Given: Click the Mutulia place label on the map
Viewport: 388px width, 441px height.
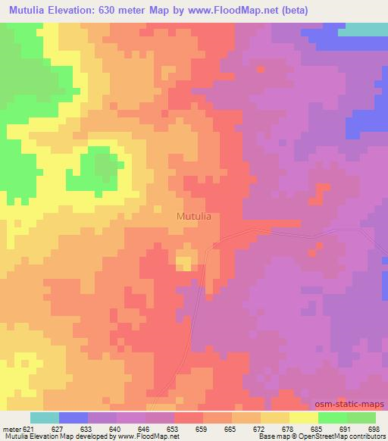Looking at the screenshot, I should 193,216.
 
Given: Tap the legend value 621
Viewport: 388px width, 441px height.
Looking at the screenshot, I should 30,428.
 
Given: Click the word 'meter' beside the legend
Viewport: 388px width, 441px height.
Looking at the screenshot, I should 11,428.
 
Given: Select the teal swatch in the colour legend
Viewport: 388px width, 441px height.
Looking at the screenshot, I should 45,418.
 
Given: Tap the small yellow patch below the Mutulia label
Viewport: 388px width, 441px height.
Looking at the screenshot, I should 184,262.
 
